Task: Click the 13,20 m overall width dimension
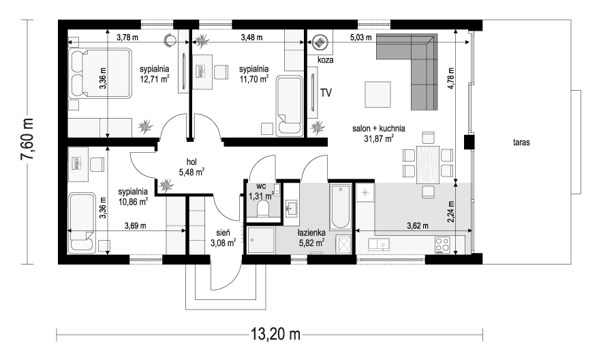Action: pos(276,334)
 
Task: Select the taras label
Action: pos(523,143)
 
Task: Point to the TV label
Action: pos(326,92)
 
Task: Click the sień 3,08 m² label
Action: pos(224,236)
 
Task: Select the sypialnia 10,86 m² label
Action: pos(133,197)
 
